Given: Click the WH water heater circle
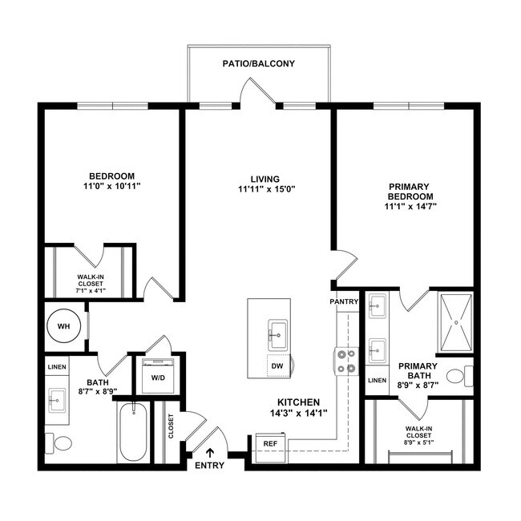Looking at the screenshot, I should coord(63,327).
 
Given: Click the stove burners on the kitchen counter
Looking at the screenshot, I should coord(345,361).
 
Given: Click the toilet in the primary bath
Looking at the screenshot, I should coord(459,376).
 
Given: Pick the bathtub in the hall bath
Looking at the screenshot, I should coord(133,433).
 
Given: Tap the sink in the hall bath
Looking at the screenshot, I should coord(58,398).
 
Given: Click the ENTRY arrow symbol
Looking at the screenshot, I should coord(210,454).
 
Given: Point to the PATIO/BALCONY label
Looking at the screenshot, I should coord(252,63).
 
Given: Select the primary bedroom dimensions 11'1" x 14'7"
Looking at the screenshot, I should coord(410,207).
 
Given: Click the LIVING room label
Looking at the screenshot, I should coord(264,179).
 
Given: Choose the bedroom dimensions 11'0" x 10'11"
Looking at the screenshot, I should coord(111,186).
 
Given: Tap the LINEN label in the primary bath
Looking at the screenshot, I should coord(377,380).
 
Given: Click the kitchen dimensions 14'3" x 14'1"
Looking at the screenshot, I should coord(299,413).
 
